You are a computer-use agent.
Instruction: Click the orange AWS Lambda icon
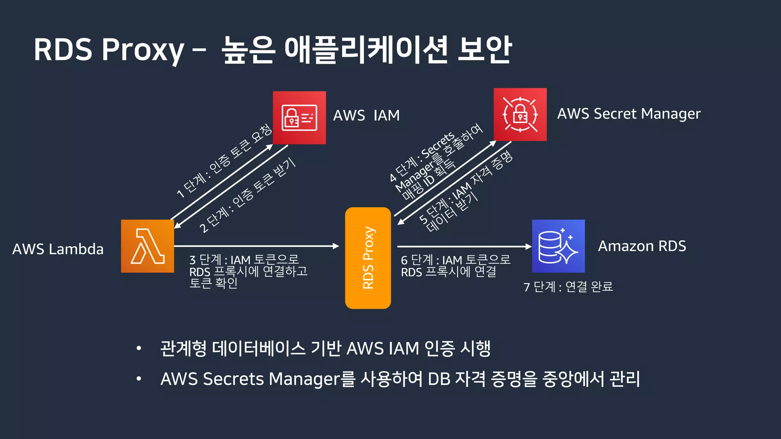[148, 246]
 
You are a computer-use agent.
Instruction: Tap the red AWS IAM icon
[299, 118]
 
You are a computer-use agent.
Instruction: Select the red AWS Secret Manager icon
[520, 115]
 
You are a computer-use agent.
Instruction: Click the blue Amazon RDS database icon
[558, 246]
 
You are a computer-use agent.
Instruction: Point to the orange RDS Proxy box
[368, 258]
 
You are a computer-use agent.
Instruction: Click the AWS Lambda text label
[58, 249]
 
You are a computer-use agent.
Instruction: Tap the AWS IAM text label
[366, 115]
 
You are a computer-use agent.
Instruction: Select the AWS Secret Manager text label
[629, 114]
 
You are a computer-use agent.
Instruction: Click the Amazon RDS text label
[642, 246]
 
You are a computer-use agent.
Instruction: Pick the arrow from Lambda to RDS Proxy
[256, 246]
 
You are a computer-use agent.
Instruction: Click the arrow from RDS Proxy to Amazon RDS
[463, 247]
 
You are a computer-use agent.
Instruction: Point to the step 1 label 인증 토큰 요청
[224, 161]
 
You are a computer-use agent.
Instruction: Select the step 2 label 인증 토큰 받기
[247, 195]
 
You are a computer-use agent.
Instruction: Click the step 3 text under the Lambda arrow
[248, 271]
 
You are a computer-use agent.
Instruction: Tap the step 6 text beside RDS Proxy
[455, 266]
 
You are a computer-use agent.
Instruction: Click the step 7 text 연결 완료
[568, 287]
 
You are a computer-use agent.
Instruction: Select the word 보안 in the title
[484, 50]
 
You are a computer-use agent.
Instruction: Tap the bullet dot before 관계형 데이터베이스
[139, 348]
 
